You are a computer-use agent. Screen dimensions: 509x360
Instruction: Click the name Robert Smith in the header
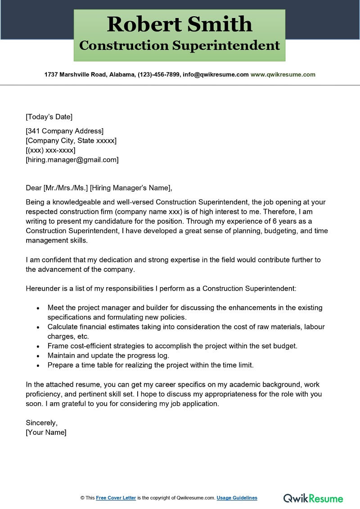[180, 24]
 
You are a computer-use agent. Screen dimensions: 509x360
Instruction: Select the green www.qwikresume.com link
[283, 75]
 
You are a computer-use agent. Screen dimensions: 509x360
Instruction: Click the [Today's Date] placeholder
[49, 117]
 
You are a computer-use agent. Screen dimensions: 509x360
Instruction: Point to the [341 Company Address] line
[65, 131]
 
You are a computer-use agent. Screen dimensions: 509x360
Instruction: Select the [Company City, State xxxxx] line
[71, 140]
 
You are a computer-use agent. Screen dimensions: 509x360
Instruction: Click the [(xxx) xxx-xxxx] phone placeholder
[50, 150]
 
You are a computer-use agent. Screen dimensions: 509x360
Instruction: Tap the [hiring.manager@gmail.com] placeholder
[72, 159]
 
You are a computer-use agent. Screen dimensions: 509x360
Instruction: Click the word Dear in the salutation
[34, 188]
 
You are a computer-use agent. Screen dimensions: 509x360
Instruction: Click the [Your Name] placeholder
[46, 432]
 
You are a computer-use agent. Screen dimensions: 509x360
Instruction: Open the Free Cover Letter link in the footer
[116, 498]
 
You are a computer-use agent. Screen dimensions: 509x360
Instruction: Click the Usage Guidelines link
[237, 498]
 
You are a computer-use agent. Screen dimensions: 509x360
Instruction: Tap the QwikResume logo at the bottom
[313, 498]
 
